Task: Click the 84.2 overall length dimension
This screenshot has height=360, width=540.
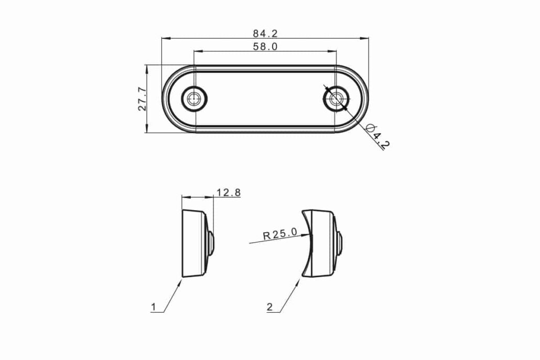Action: [x=265, y=34]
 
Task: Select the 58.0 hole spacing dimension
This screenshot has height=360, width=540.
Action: [x=265, y=47]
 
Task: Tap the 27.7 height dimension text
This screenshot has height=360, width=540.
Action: [x=142, y=99]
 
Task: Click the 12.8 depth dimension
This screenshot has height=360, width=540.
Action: [x=229, y=192]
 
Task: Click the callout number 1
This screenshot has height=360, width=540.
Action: [x=154, y=307]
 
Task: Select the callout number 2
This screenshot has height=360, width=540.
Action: [x=269, y=307]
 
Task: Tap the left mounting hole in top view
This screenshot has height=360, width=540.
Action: [x=194, y=99]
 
